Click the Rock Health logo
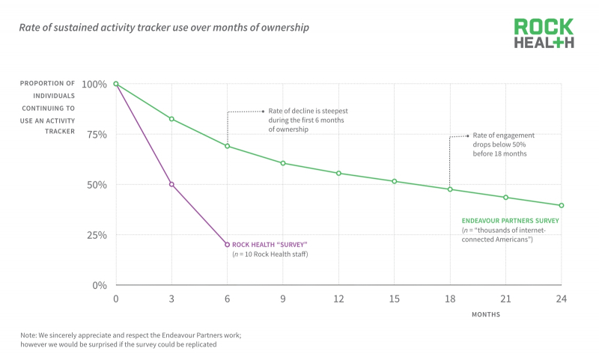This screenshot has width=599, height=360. coord(544,34)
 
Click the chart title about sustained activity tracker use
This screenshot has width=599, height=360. coord(164,28)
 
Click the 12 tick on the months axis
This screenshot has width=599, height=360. coord(338,299)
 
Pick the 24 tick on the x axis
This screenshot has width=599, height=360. coord(561,299)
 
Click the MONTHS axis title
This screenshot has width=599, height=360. coord(486,314)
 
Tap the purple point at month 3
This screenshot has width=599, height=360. coord(171,184)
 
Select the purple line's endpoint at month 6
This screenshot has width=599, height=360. coord(227,245)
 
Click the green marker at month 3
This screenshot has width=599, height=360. coord(171,119)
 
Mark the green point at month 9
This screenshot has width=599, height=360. coord(283,163)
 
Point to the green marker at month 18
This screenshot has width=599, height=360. coord(450,189)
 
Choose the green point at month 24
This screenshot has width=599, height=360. coord(561,205)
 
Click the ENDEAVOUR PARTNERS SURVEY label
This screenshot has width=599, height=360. coord(511,221)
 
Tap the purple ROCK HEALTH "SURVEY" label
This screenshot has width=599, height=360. coord(270,245)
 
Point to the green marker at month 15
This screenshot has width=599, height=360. coord(395,181)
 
